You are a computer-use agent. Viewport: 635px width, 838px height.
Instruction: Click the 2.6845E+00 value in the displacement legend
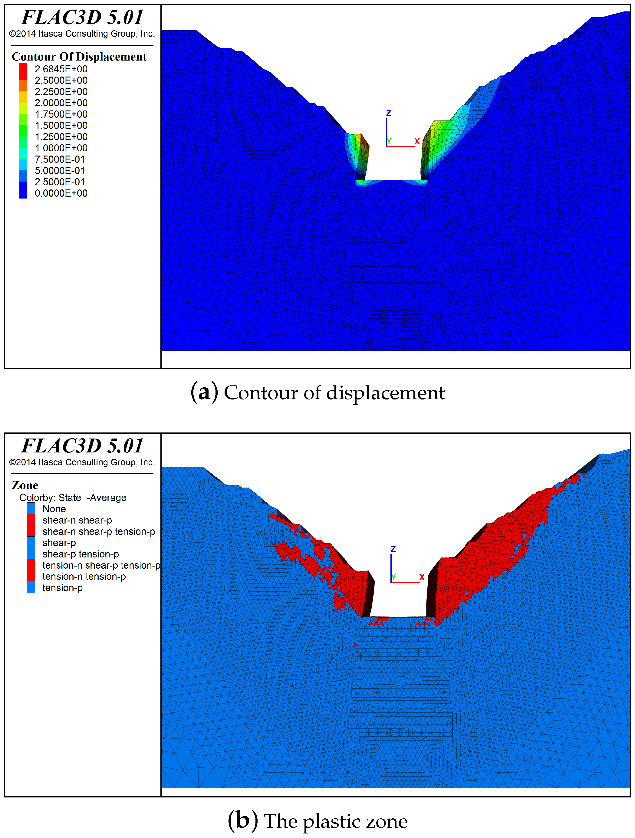(x=61, y=69)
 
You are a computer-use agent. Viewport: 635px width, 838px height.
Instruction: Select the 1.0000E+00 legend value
(x=61, y=148)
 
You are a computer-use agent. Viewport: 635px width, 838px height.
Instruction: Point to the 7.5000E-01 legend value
(x=60, y=159)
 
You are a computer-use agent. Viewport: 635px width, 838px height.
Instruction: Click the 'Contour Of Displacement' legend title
(x=79, y=57)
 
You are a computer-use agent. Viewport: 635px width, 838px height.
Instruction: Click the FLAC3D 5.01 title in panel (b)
(x=83, y=446)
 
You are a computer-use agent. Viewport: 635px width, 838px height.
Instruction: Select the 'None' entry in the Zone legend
(x=54, y=509)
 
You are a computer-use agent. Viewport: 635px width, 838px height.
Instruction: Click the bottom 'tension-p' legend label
(x=63, y=588)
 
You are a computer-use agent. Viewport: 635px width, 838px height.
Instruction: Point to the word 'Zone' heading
(x=25, y=486)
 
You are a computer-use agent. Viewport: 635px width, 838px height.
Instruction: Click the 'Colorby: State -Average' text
(x=73, y=498)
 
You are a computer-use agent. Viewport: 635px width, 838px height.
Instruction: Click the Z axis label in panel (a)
(x=389, y=113)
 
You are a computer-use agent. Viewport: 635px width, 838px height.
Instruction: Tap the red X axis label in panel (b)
(x=422, y=577)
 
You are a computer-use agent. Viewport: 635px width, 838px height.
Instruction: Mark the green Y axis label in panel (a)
(x=389, y=142)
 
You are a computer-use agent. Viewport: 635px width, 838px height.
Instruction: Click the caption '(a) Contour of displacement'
(x=317, y=393)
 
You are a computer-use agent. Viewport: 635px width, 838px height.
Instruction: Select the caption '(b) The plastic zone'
(x=317, y=821)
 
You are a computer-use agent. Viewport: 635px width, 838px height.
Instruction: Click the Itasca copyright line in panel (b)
(x=82, y=462)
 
